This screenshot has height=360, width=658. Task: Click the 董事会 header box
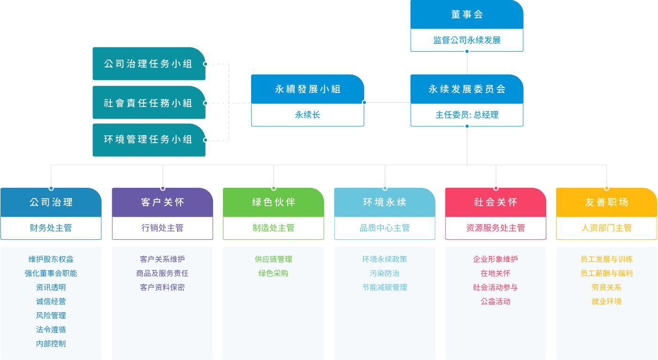[x=467, y=15]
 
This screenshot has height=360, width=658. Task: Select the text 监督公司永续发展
[x=467, y=40]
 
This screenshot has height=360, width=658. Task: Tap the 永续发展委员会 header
[x=467, y=89]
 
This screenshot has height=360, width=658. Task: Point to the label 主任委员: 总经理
[x=467, y=115]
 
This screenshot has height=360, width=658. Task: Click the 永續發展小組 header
[x=307, y=89]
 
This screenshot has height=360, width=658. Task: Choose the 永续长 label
[x=307, y=115]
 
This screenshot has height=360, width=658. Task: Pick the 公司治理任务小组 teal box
[x=148, y=64]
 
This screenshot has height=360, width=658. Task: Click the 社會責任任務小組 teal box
[x=148, y=103]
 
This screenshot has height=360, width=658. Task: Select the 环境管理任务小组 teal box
[x=148, y=140]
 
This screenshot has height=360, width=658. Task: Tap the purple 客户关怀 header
[x=162, y=202]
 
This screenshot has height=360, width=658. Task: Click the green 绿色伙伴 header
[x=273, y=202]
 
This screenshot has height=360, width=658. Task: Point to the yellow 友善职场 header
[x=606, y=202]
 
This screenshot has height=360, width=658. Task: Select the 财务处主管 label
[x=51, y=228]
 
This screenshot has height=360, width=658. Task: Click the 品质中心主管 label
[x=384, y=228]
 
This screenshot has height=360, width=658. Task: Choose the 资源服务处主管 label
[x=496, y=228]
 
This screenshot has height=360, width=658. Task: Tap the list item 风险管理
[x=51, y=315]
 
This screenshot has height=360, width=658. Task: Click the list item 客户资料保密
[x=162, y=287]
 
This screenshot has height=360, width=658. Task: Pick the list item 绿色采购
[x=273, y=273]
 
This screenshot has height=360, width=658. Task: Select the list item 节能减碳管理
[x=384, y=287]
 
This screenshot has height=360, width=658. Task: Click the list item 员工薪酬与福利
[x=606, y=273]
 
